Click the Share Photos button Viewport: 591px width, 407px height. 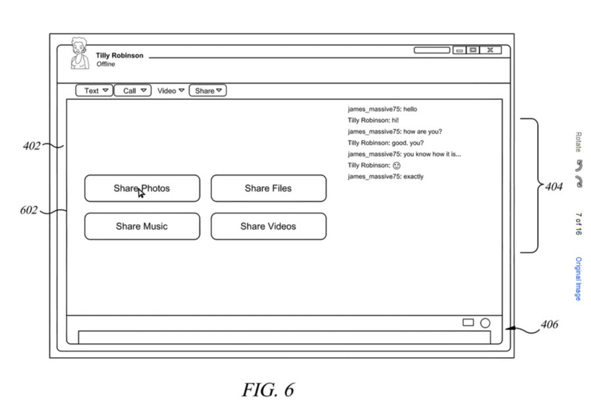point(141,188)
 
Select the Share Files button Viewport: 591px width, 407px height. point(268,188)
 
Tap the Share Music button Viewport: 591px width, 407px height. point(141,226)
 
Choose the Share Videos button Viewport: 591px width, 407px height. point(268,226)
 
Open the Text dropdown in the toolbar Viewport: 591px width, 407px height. point(94,91)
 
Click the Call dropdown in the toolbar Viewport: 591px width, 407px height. point(133,91)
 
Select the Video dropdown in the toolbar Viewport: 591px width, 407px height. point(170,91)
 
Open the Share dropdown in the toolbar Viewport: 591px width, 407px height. point(208,91)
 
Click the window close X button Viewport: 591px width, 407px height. point(490,50)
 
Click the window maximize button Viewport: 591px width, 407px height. point(473,50)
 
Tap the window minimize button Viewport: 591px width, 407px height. point(459,50)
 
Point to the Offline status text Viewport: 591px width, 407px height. point(105,64)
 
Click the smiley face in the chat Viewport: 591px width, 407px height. point(396,166)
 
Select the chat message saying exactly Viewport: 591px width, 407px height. point(386,177)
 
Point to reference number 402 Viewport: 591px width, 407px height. point(32,146)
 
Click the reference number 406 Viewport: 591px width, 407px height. point(549,324)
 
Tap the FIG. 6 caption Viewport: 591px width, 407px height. point(268,390)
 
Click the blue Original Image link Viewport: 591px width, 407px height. point(578,279)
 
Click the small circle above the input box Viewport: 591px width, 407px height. point(485,323)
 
